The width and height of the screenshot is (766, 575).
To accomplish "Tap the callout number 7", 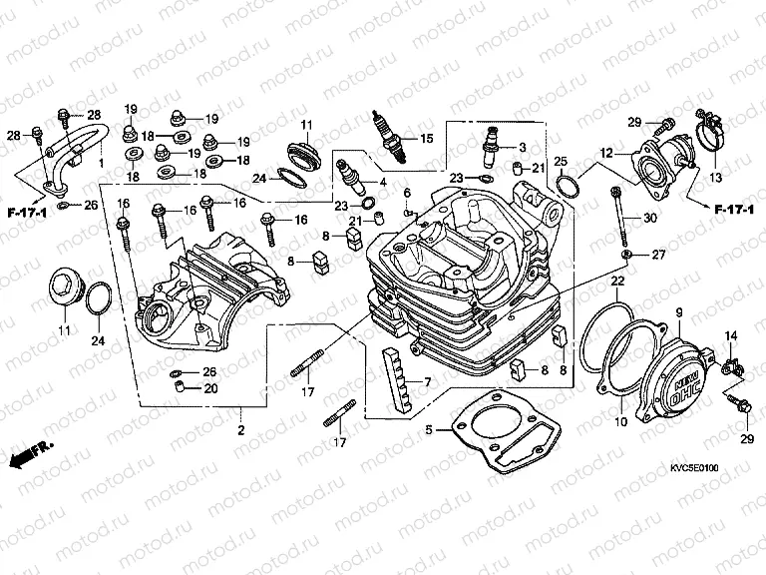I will [x=427, y=383].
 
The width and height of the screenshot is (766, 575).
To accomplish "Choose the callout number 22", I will [x=617, y=284].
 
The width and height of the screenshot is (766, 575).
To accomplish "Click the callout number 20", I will [x=209, y=389].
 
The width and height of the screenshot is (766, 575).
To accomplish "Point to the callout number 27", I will [x=657, y=256].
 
